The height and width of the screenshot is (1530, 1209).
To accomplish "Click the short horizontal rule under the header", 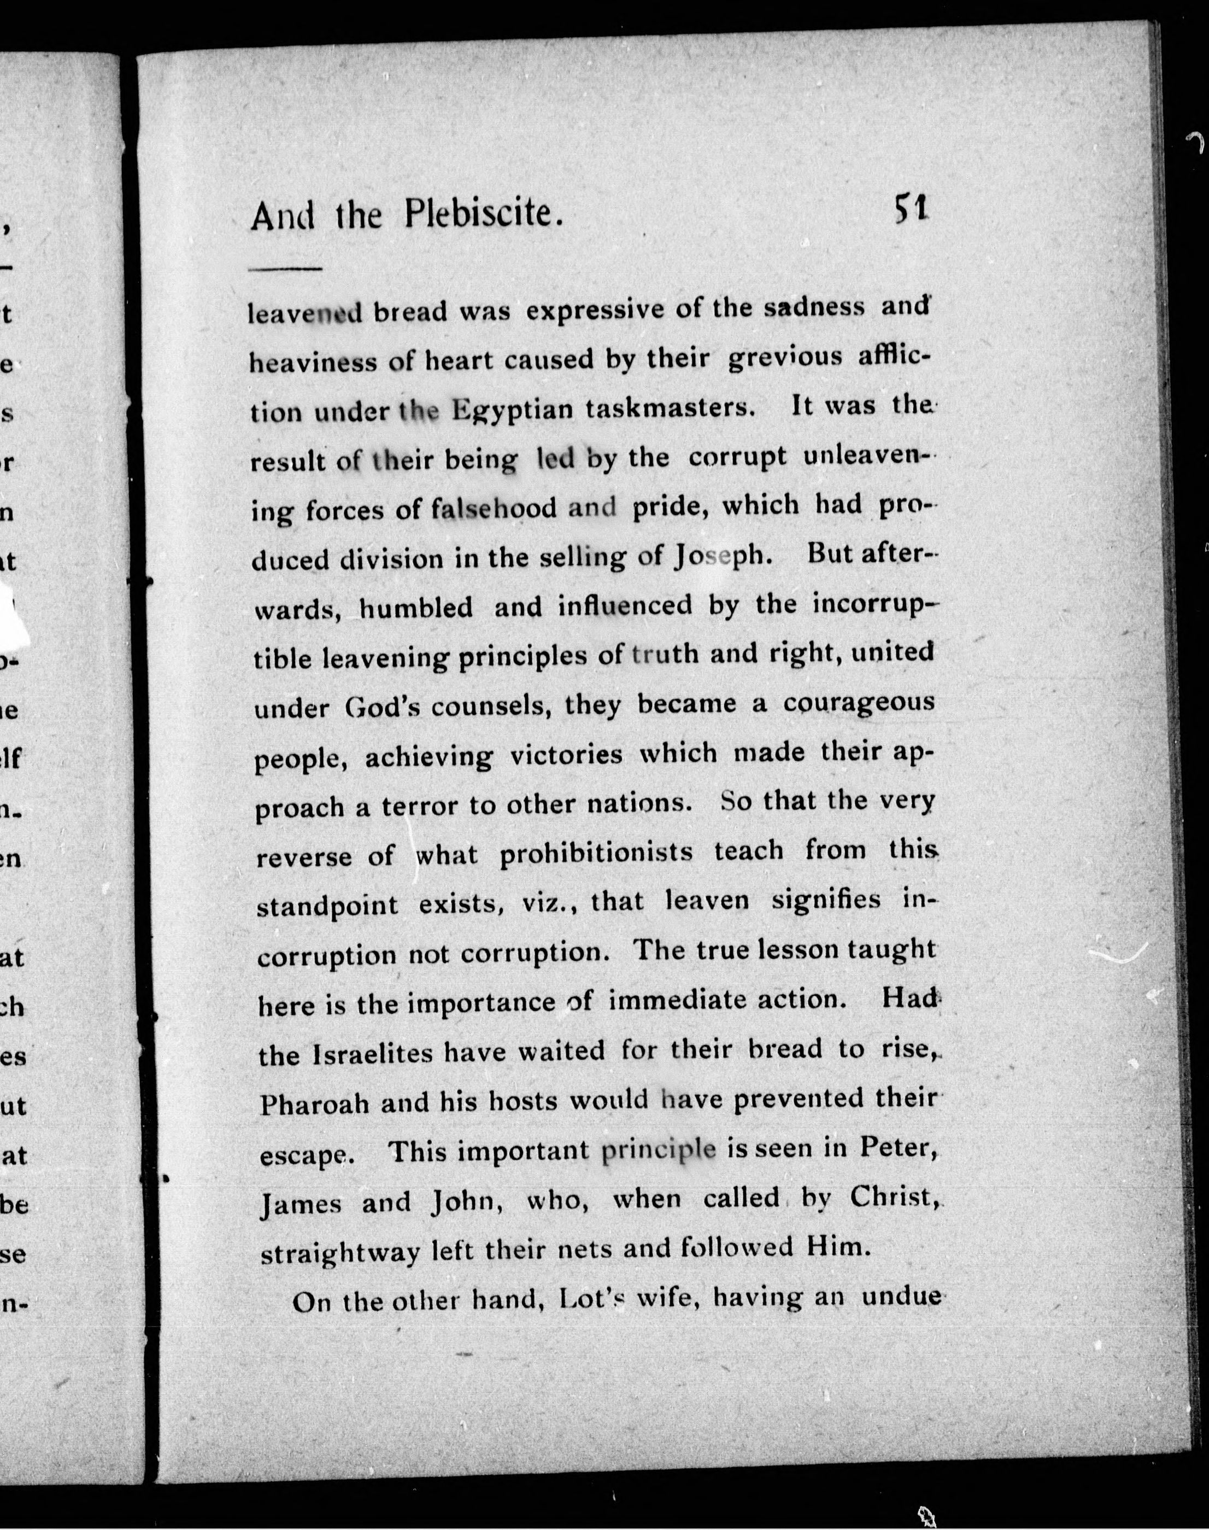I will (285, 269).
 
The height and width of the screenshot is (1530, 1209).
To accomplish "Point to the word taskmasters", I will (668, 408).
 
